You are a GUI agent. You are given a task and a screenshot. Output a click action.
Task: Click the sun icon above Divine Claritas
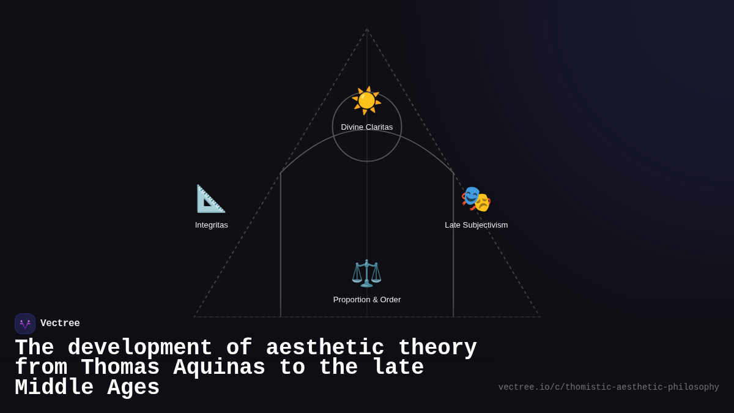click(366, 100)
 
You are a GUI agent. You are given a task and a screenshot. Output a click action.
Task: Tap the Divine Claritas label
click(367, 127)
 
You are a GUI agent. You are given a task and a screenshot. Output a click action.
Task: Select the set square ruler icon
click(210, 199)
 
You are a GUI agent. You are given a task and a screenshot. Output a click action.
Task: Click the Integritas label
click(212, 225)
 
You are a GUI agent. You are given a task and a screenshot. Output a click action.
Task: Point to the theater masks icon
click(476, 199)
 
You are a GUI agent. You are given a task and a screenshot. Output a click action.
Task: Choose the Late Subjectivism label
click(476, 225)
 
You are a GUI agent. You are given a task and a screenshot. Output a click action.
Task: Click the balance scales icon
click(366, 273)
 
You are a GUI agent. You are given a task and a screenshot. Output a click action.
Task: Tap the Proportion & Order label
click(367, 300)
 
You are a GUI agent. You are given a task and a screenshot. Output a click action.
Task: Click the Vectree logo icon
click(25, 324)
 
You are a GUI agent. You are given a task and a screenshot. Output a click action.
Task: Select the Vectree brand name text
click(60, 324)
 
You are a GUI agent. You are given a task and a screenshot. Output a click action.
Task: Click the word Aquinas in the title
click(220, 368)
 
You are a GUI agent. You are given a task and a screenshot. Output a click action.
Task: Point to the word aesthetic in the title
click(325, 348)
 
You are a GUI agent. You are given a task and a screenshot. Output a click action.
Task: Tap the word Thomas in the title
click(120, 368)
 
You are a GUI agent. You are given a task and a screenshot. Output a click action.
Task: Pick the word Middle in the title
click(54, 388)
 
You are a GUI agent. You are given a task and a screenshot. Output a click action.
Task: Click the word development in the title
click(140, 348)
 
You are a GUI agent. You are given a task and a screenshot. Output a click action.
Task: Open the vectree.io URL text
click(609, 387)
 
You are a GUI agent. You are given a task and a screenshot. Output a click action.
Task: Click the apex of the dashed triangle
click(367, 29)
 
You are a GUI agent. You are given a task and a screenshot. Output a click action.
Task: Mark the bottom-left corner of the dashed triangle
click(195, 316)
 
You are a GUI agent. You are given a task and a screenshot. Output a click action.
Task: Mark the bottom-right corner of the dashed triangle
click(539, 316)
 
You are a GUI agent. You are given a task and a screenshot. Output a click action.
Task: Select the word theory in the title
click(437, 348)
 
